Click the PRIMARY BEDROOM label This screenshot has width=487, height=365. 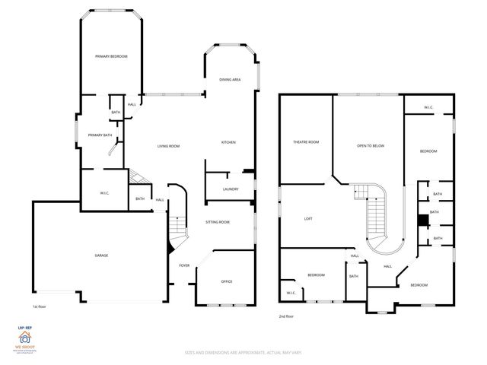[110, 57]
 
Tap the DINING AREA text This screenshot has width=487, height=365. [231, 79]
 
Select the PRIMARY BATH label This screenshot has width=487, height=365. [100, 135]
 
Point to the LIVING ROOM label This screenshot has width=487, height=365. [168, 146]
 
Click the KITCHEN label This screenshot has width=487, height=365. [228, 142]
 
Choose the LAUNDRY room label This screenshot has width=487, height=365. [231, 189]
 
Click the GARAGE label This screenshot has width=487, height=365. [100, 255]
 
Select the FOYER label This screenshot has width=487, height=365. [184, 265]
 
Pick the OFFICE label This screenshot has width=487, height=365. [226, 281]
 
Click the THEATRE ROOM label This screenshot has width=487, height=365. [306, 142]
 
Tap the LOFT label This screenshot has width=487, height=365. [308, 219]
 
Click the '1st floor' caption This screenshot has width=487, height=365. [40, 306]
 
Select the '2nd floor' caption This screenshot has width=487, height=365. [286, 316]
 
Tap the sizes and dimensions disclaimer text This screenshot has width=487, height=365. [243, 352]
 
